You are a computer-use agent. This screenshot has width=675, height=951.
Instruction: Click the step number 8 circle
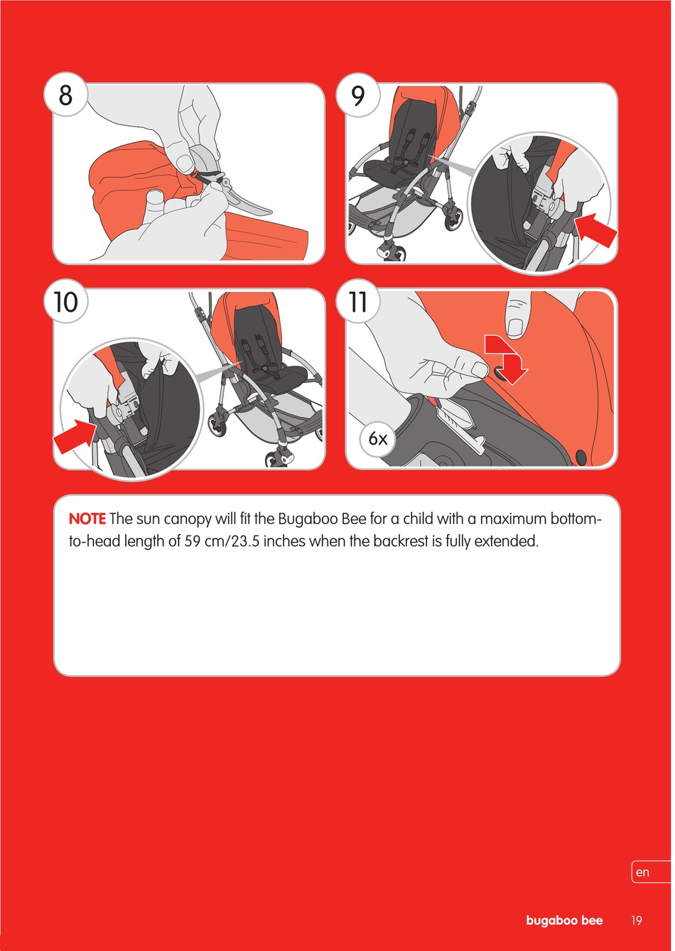(x=65, y=94)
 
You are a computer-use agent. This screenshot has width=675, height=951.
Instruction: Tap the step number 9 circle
(x=357, y=94)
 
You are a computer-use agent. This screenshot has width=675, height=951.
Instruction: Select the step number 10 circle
(x=66, y=301)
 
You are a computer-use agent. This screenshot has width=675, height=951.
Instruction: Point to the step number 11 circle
(x=357, y=301)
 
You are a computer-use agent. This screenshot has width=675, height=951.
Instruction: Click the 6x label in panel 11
(x=377, y=438)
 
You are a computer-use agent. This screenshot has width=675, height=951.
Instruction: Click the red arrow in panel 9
(x=595, y=229)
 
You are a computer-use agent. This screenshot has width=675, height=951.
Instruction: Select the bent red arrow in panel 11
(x=507, y=359)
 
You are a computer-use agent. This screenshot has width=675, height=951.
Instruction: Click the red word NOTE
(x=87, y=518)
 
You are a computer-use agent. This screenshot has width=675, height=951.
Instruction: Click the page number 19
(x=637, y=920)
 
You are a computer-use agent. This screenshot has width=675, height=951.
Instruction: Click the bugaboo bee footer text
(x=564, y=920)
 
